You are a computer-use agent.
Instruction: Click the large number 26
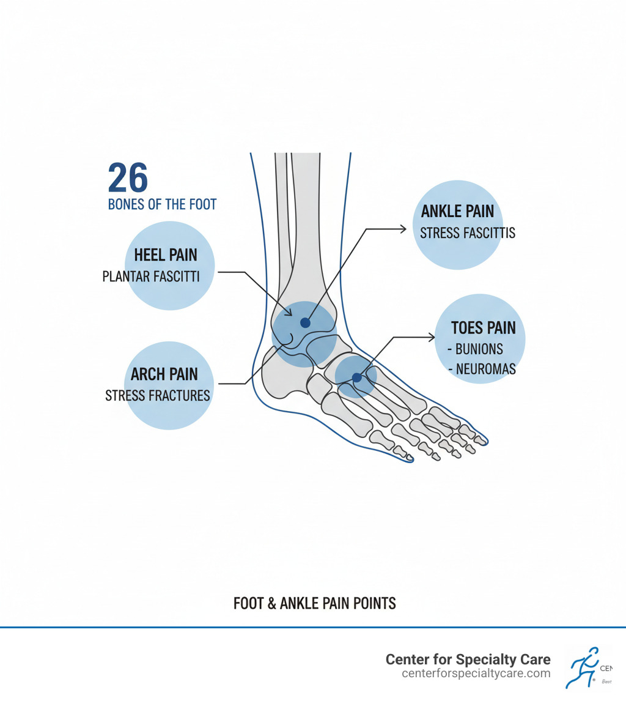[x=128, y=178]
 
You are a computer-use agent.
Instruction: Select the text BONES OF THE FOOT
[x=162, y=204]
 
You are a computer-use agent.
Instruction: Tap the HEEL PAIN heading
[x=165, y=255]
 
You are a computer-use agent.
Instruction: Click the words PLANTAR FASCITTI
[x=151, y=277]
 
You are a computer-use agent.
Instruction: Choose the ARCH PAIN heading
[x=164, y=374]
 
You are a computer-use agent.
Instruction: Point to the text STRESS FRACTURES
[x=157, y=395]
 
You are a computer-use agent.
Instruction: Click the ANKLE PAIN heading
[x=457, y=212]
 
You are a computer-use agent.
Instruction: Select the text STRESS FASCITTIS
[x=467, y=233]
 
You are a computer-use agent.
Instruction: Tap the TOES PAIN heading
[x=483, y=328]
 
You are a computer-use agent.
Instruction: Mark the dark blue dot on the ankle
[x=305, y=323]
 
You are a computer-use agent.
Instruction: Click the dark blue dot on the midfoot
[x=357, y=378]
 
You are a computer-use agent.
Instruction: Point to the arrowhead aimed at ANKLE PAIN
[x=403, y=229]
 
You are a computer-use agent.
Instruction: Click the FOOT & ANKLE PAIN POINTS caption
[x=314, y=603]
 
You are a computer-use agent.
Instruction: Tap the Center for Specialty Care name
[x=468, y=660]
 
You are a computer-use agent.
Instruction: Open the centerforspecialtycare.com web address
[x=476, y=674]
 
